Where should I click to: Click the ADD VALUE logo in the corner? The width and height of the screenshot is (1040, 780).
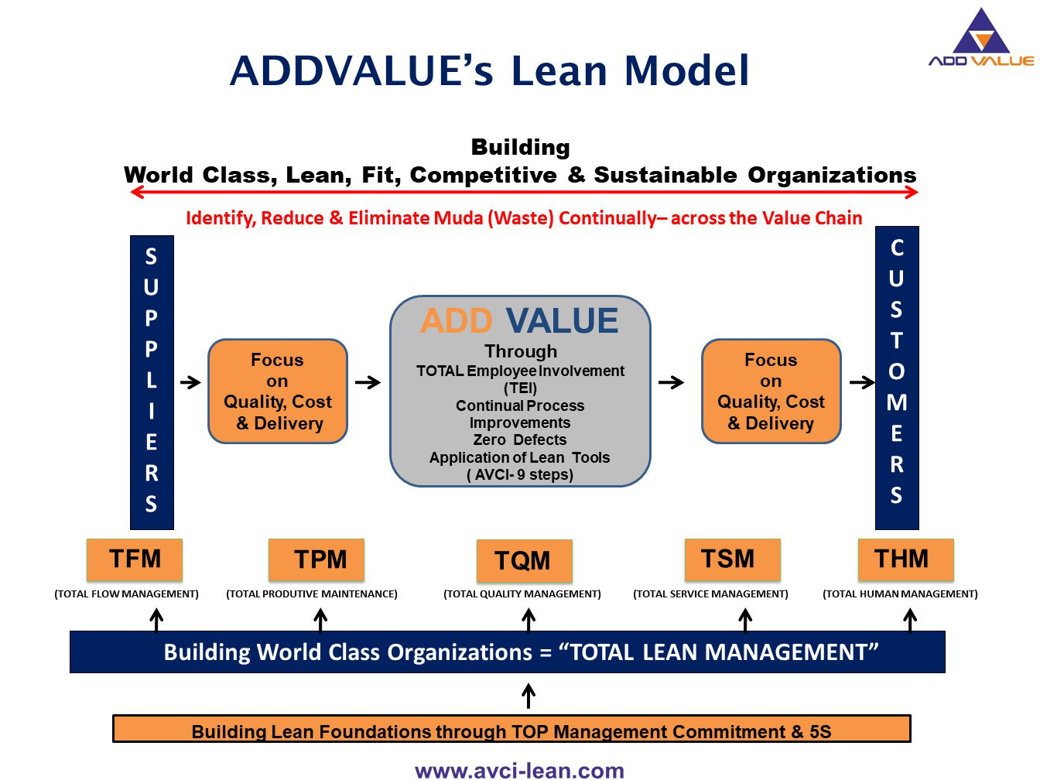pyautogui.click(x=980, y=39)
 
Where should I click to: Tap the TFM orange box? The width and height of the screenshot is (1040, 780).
pyautogui.click(x=135, y=559)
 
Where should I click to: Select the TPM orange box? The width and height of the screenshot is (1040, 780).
pyautogui.click(x=316, y=559)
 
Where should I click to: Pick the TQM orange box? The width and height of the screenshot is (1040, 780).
pyautogui.click(x=524, y=561)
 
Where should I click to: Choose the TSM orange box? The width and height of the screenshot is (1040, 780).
pyautogui.click(x=732, y=559)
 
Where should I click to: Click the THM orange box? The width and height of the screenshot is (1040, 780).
pyautogui.click(x=905, y=559)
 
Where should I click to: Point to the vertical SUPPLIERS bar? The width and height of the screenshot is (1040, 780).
pyautogui.click(x=152, y=381)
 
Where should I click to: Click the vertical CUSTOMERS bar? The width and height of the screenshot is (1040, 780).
pyautogui.click(x=896, y=378)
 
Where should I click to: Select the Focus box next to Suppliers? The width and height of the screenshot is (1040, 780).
pyautogui.click(x=278, y=391)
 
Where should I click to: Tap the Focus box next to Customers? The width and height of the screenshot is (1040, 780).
pyautogui.click(x=771, y=391)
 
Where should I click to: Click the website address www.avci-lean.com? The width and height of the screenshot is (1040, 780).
pyautogui.click(x=519, y=770)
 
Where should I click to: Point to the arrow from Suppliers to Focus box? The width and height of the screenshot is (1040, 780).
pyautogui.click(x=190, y=382)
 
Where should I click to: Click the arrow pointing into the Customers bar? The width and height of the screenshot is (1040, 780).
pyautogui.click(x=860, y=382)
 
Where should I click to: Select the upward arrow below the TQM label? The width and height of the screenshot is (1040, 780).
pyautogui.click(x=529, y=620)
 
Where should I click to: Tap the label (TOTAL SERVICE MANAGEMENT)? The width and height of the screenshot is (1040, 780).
pyautogui.click(x=710, y=594)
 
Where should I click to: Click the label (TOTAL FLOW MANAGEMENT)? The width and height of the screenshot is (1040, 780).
pyautogui.click(x=126, y=594)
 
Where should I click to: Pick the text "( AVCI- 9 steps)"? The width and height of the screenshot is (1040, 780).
pyautogui.click(x=520, y=474)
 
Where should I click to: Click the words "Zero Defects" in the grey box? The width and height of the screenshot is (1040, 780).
pyautogui.click(x=520, y=440)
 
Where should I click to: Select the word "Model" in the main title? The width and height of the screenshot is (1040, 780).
pyautogui.click(x=687, y=71)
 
